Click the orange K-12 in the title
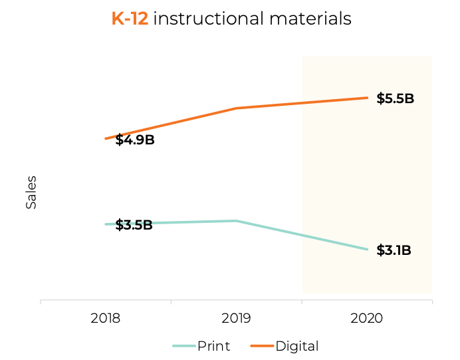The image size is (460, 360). (x=130, y=19)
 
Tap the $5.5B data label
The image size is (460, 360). (x=395, y=99)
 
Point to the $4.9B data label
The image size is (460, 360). (x=135, y=140)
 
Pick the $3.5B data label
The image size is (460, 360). (x=134, y=225)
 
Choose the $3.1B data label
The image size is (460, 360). (x=394, y=251)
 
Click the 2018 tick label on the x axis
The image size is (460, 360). (x=105, y=318)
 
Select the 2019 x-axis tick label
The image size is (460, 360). (x=236, y=318)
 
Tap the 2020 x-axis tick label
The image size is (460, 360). (x=367, y=318)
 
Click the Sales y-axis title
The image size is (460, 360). (x=31, y=192)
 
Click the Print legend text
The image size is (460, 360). (x=213, y=346)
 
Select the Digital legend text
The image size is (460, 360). (x=297, y=346)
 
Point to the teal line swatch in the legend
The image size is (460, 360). (x=183, y=346)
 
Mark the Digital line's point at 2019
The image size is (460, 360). (x=236, y=108)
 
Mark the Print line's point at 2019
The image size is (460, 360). (x=236, y=220)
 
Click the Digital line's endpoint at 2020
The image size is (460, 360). (x=367, y=98)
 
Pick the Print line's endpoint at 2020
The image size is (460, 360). (x=367, y=250)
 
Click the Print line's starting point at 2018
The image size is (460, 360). (x=106, y=224)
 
